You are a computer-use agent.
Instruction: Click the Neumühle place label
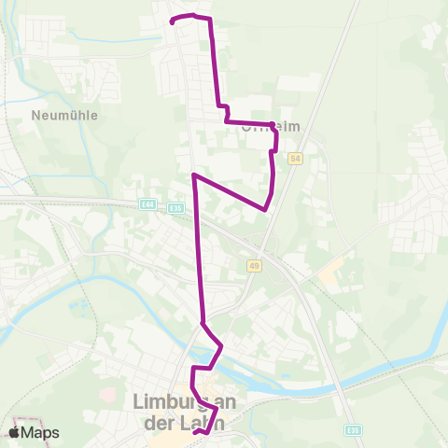coord(64,116)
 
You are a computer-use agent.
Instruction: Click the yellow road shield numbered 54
coord(295,160)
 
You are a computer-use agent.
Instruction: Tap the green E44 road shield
coord(147,204)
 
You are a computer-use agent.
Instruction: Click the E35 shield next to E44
coord(176,207)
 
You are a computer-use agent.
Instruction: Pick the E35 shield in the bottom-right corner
coord(352,430)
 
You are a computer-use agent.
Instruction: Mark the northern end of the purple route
coord(172,21)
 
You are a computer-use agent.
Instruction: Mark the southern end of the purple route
coord(194,433)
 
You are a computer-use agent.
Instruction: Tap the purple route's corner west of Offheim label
coord(226,119)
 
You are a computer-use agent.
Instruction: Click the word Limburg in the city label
coord(167,402)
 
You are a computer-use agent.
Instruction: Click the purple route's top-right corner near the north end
coord(210,19)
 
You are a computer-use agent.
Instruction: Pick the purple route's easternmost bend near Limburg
coord(221,347)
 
